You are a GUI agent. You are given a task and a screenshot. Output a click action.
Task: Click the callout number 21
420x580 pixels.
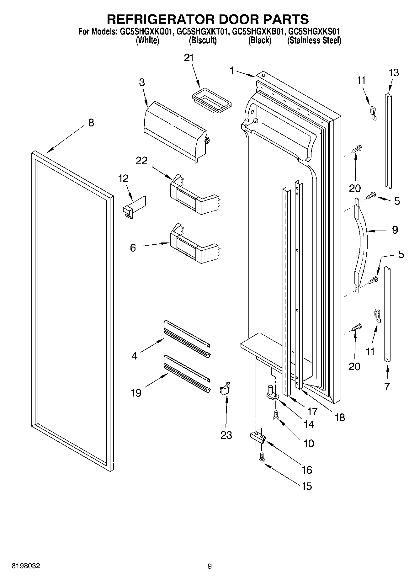click(189, 58)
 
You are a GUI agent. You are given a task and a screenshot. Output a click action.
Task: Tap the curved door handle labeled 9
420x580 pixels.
click(362, 243)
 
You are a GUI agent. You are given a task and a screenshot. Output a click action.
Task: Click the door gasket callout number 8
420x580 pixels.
click(91, 123)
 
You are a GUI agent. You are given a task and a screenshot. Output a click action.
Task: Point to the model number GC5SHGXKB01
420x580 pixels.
click(258, 32)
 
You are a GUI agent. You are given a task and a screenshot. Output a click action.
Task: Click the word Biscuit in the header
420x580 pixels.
click(203, 40)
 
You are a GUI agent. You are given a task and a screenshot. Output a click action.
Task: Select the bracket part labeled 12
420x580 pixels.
click(134, 207)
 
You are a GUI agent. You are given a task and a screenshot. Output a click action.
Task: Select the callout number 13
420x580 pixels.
click(394, 73)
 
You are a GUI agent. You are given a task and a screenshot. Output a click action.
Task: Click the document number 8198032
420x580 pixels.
click(26, 566)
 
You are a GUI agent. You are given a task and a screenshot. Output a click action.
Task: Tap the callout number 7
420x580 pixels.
click(387, 386)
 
